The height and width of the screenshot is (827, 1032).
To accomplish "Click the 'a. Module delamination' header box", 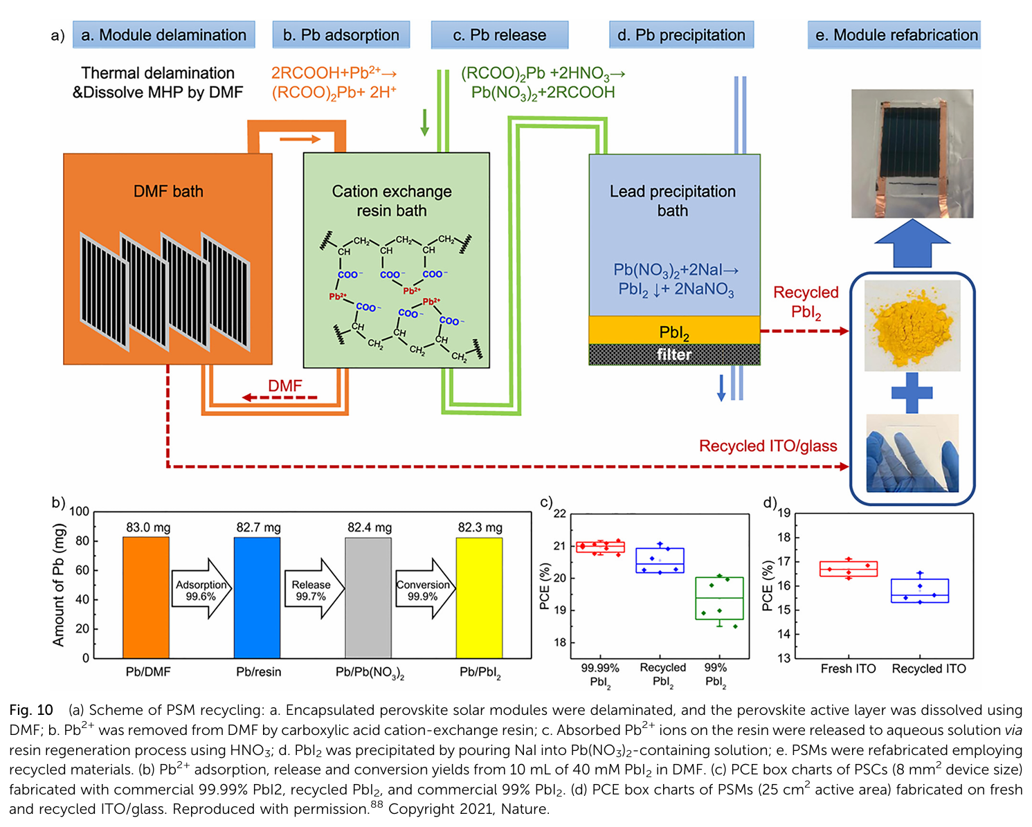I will click(x=163, y=35).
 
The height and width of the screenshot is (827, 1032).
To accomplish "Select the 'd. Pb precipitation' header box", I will click(x=681, y=35).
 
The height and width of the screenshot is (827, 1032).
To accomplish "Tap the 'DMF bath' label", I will click(x=168, y=191).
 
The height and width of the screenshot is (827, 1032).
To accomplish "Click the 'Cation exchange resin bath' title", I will click(x=392, y=201).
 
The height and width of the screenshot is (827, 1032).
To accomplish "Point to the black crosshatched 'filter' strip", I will click(x=674, y=354).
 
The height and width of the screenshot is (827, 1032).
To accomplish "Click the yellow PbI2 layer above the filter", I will click(x=674, y=331).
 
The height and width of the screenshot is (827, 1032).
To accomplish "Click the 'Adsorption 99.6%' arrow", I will click(x=201, y=590).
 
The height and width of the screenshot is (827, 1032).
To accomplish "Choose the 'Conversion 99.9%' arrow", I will click(x=424, y=590).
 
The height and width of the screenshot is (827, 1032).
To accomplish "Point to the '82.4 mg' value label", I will click(x=370, y=527).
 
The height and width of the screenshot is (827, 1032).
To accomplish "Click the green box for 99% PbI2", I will click(x=719, y=598).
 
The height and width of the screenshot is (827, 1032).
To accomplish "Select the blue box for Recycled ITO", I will click(x=920, y=590).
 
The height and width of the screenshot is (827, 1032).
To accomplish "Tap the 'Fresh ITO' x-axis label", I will click(x=848, y=669).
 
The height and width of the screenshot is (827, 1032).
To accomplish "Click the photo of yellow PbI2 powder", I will click(x=912, y=325).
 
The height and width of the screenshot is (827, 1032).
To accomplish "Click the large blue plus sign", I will click(x=912, y=392).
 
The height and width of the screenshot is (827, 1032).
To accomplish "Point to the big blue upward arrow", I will click(x=912, y=242).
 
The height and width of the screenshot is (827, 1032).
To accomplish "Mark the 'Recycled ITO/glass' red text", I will click(x=768, y=446).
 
